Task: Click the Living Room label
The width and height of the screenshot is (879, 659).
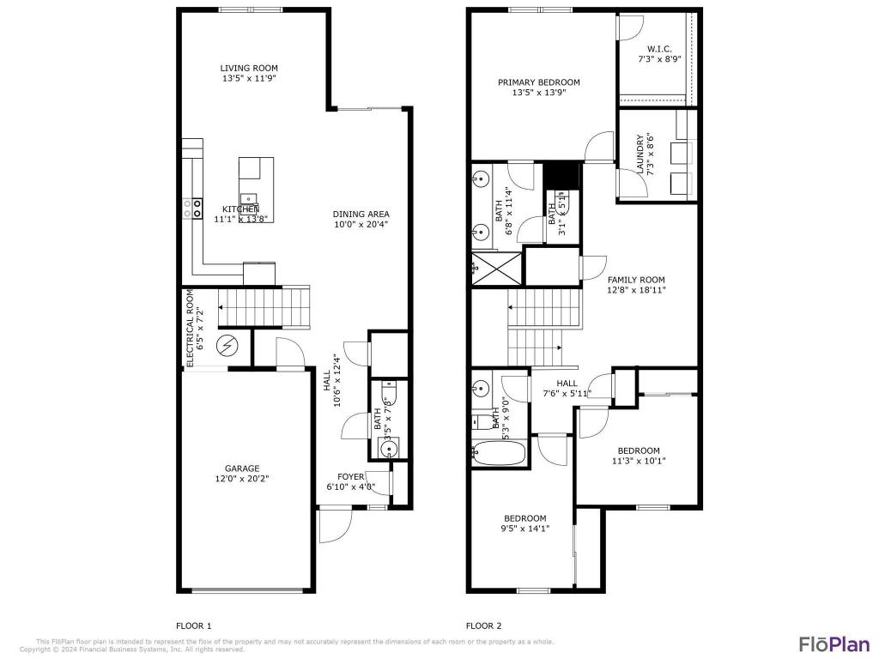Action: tap(249, 68)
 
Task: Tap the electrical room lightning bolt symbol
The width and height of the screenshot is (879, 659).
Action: tap(227, 347)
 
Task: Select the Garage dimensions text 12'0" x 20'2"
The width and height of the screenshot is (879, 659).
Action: tap(242, 479)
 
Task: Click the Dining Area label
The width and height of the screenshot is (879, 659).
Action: tap(361, 214)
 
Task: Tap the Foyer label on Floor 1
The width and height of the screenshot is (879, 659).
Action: tap(350, 476)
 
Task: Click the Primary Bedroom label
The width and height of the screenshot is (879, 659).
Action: tap(539, 82)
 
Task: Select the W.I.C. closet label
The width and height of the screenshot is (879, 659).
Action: tap(658, 49)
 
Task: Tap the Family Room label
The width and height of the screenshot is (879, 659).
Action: tap(636, 280)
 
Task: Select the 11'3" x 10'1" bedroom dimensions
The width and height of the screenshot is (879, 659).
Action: tap(639, 461)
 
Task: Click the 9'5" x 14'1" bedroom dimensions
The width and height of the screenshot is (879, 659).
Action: tap(525, 529)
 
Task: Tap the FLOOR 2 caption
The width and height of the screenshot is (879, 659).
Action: tap(483, 626)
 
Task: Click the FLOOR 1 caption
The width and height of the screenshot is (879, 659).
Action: tap(193, 626)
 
